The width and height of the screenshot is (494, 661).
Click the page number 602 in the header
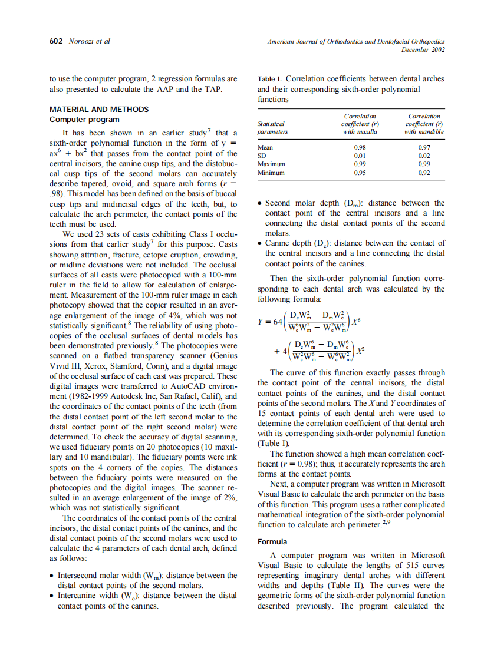click(57, 41)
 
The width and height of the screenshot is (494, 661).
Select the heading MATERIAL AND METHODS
click(98, 109)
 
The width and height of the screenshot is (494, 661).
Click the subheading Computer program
click(84, 119)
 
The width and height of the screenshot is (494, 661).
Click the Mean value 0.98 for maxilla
click(359, 147)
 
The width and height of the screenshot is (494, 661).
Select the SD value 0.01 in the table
click(359, 156)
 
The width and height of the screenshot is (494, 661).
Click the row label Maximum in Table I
click(272, 164)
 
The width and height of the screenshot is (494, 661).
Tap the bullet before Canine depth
click(261, 243)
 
